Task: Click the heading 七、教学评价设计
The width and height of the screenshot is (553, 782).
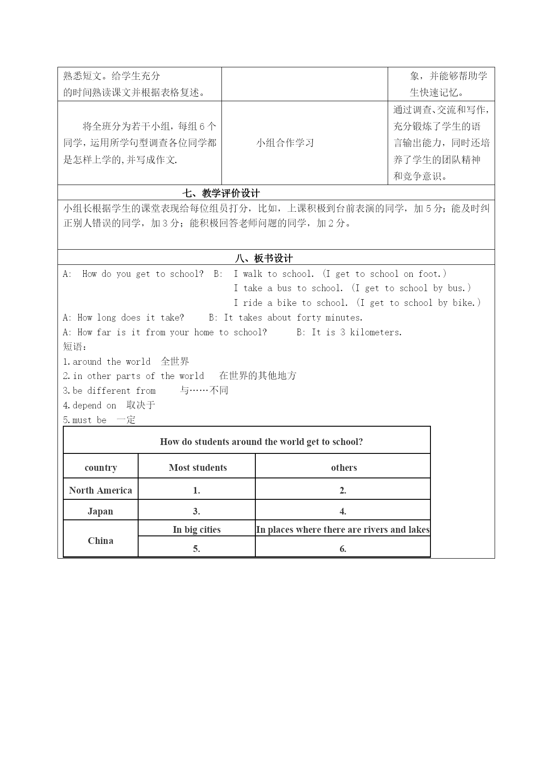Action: (x=221, y=193)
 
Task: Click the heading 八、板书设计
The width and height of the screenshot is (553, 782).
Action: (x=264, y=258)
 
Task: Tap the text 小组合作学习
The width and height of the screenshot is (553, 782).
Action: (x=285, y=143)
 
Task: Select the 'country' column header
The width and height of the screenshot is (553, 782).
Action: (x=101, y=467)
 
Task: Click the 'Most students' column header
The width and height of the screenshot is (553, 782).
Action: (x=197, y=467)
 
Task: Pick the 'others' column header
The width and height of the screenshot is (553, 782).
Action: (x=344, y=467)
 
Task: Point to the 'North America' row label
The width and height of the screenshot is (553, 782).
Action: (x=101, y=490)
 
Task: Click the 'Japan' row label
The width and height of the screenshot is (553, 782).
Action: (x=100, y=511)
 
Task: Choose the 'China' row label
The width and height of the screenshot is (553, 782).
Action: (x=100, y=540)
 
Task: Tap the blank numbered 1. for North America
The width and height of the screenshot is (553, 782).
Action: (x=197, y=490)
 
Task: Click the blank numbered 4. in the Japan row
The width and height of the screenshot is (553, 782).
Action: (x=343, y=511)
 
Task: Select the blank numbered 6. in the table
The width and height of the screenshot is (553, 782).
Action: (x=343, y=549)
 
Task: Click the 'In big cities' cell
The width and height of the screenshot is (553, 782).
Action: (x=197, y=529)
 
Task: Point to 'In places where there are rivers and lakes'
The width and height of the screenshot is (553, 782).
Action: (x=343, y=529)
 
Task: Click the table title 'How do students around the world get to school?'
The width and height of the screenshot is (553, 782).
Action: (x=261, y=441)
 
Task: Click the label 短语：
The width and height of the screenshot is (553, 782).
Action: (x=75, y=347)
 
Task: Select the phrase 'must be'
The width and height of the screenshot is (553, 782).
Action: (x=90, y=420)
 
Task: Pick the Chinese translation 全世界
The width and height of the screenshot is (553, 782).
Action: (x=175, y=361)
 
